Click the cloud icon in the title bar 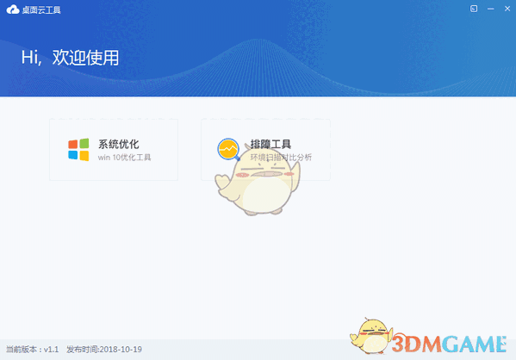click(11, 9)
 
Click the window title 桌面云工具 click(37, 9)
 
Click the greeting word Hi click(30, 58)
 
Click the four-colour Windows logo click(78, 149)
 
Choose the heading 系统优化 click(118, 144)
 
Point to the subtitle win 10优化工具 click(124, 158)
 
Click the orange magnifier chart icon click(228, 150)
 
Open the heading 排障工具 click(270, 144)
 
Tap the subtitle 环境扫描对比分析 click(281, 158)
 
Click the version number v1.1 click(51, 351)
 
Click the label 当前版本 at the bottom click(22, 351)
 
